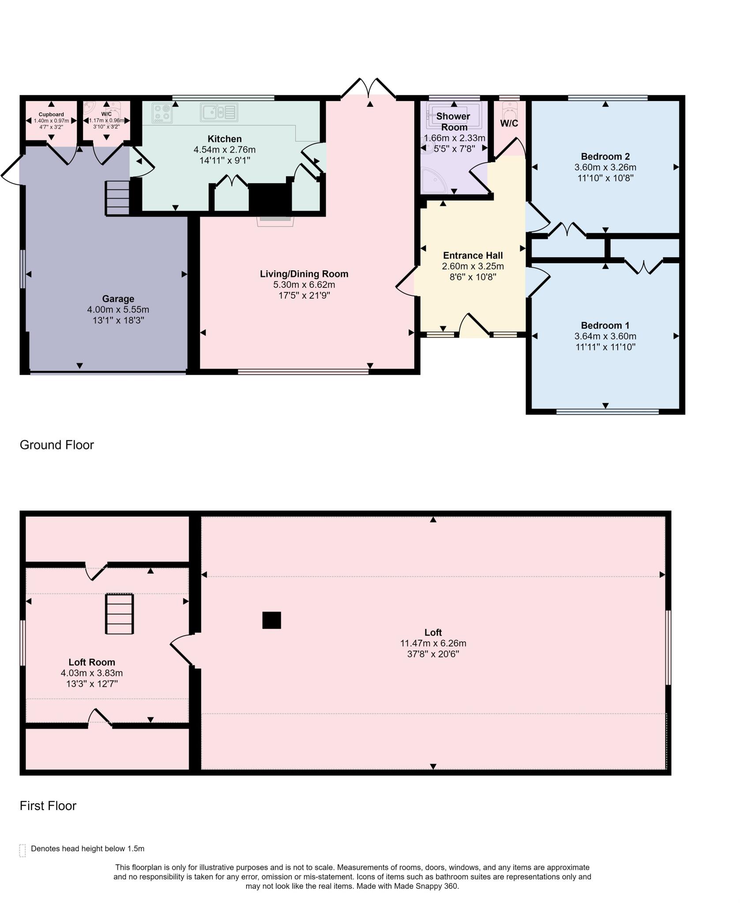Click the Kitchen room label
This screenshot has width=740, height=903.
(225, 139)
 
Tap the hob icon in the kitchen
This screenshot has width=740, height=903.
(162, 113)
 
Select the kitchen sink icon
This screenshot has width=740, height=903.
(219, 112)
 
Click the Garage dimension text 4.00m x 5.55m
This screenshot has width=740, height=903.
(118, 310)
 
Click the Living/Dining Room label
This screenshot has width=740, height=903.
(304, 274)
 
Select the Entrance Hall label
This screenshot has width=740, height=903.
(473, 255)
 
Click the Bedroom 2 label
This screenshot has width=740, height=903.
(605, 157)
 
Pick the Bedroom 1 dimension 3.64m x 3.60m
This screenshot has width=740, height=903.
(605, 336)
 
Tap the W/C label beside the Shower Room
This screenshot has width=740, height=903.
(509, 123)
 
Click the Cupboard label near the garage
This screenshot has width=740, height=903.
(51, 114)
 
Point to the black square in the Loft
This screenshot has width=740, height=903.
(271, 620)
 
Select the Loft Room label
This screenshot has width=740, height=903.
(92, 662)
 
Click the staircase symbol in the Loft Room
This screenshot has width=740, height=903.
(119, 614)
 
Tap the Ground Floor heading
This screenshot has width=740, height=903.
(57, 445)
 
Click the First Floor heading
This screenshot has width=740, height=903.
(48, 806)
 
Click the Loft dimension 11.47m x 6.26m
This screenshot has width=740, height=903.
(433, 643)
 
